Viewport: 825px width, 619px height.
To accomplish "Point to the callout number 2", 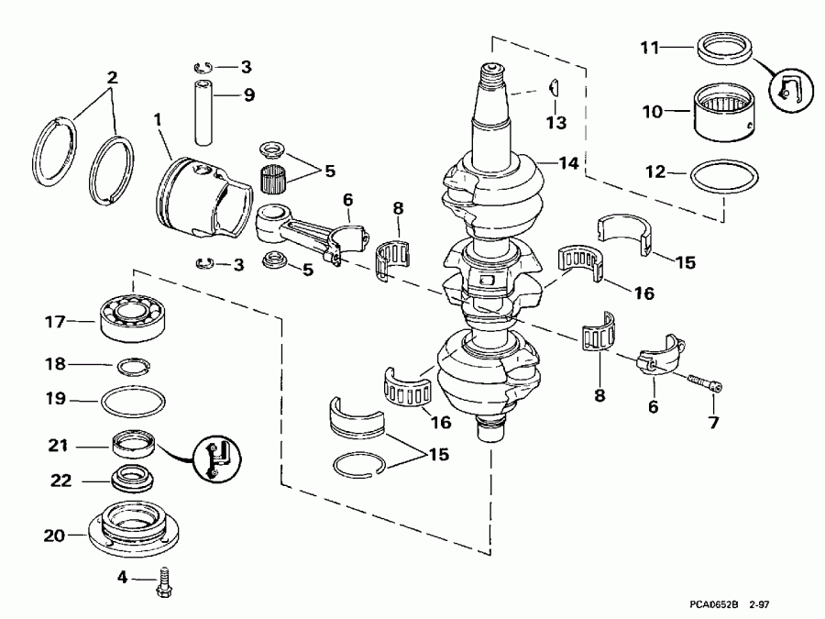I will point(112,78).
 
